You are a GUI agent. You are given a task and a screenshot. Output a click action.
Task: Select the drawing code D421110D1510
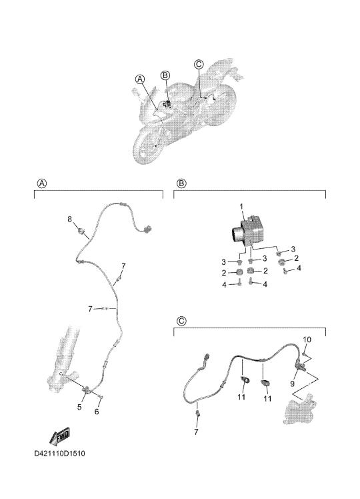click(x=60, y=453)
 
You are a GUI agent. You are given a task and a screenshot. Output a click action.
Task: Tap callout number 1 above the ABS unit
click(x=241, y=207)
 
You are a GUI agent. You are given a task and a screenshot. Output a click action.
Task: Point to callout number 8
click(x=69, y=219)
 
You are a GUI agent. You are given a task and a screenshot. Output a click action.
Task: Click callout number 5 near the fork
click(x=79, y=407)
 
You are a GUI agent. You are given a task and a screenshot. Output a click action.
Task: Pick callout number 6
click(x=97, y=412)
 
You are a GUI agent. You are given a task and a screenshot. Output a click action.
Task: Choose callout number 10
click(x=307, y=340)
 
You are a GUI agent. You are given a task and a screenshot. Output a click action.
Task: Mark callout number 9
click(x=293, y=384)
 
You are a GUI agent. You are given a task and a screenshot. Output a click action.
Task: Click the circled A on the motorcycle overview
click(x=140, y=79)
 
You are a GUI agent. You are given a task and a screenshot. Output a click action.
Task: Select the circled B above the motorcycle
click(x=165, y=75)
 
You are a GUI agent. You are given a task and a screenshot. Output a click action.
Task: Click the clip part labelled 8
click(x=81, y=231)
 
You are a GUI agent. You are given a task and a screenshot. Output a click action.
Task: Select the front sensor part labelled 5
click(x=87, y=389)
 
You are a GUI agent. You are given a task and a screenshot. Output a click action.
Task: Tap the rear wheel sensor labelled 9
click(x=299, y=364)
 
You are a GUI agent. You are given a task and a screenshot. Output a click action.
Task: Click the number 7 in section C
click(x=196, y=432)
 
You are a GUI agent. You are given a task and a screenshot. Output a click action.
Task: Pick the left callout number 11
click(x=241, y=397)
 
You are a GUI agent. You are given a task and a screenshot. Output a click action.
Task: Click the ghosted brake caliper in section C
click(x=298, y=410)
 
